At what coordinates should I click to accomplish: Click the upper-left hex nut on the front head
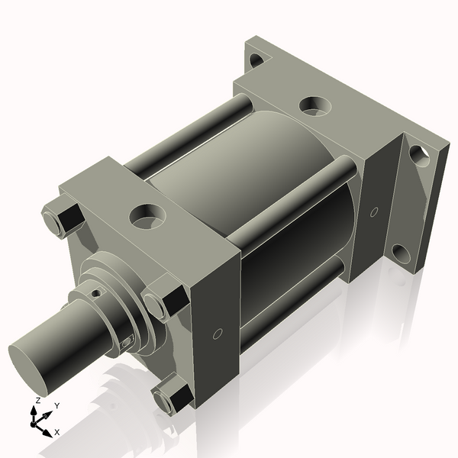62,218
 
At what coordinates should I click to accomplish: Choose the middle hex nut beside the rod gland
163,300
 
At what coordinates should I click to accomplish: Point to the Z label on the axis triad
38,400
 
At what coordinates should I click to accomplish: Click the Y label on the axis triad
57,406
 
